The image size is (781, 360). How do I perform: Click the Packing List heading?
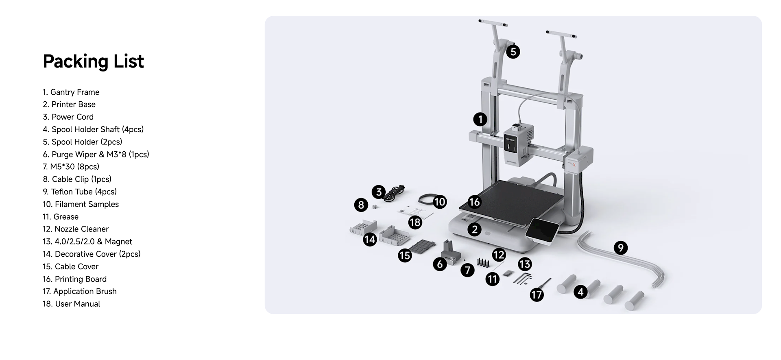pos(93,61)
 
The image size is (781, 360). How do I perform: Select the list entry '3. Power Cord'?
pos(68,117)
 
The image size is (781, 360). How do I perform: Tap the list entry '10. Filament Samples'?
pos(81,204)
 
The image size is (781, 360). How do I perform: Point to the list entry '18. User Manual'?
pos(72,304)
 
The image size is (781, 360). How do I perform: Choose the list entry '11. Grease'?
pos(61,217)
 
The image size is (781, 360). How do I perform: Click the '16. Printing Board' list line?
pos(75,279)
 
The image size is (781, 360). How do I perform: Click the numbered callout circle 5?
pos(513,52)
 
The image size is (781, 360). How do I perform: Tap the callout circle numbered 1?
pos(480,119)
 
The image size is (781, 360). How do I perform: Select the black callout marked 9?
pos(620,248)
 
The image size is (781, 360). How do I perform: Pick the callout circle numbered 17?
pos(537,295)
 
